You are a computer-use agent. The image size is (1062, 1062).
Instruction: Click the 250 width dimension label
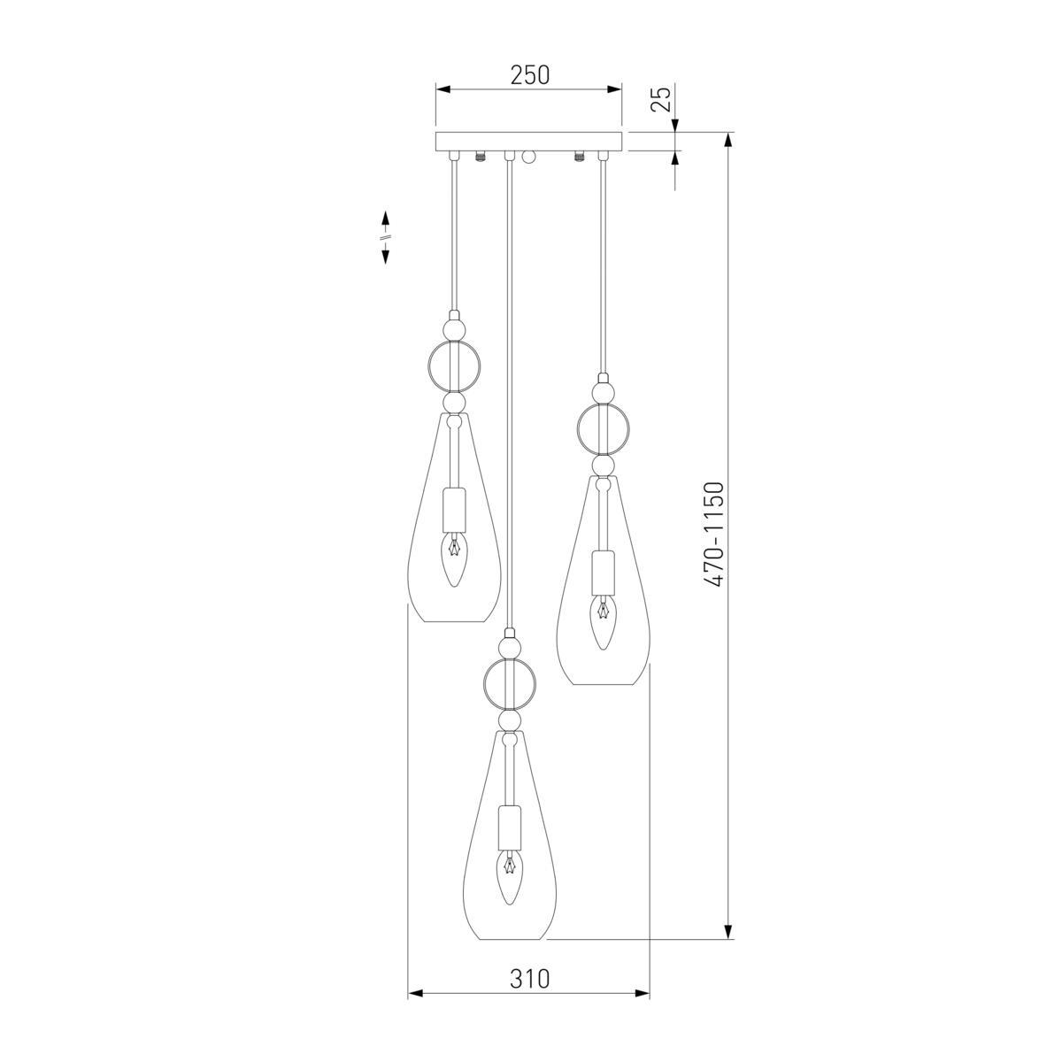point(529,75)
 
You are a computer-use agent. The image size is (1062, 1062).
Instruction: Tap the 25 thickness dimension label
point(661,99)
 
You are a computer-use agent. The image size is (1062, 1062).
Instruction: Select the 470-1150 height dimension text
point(715,534)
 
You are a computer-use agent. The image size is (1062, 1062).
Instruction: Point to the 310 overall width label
point(529,978)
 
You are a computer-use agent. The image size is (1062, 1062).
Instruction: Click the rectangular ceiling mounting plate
point(528,141)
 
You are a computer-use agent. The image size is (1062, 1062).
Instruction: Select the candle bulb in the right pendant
point(604,624)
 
